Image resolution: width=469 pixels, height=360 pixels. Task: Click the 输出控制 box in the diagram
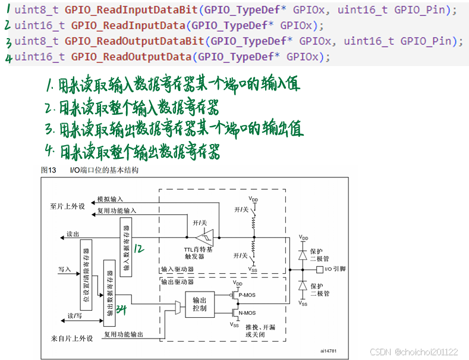click(x=200, y=305)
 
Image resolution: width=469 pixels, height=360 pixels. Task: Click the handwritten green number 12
click(x=139, y=247)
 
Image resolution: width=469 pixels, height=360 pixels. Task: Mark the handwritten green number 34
click(x=122, y=309)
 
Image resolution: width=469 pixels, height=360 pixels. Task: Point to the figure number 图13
click(x=48, y=170)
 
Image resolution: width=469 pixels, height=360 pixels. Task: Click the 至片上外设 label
click(x=67, y=206)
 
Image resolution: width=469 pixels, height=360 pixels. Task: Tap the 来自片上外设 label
click(x=71, y=338)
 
